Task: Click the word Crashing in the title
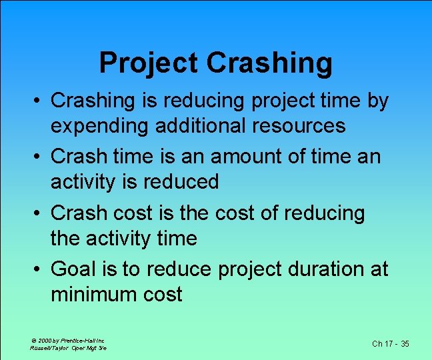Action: tap(269, 63)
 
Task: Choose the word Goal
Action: tap(74, 269)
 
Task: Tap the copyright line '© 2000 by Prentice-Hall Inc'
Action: tap(67, 340)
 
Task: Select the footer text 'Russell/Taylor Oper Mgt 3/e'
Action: tap(69, 348)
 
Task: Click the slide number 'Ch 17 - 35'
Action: tap(390, 344)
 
